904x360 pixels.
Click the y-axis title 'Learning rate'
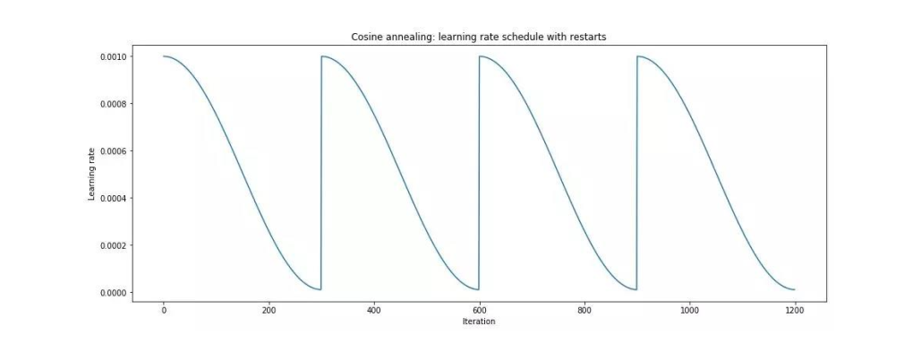click(x=91, y=174)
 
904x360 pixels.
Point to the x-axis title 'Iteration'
click(x=478, y=321)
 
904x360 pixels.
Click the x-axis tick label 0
click(x=163, y=310)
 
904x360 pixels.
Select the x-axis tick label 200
click(x=269, y=310)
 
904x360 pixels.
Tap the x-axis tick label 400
click(x=373, y=310)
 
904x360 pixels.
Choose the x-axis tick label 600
click(x=479, y=310)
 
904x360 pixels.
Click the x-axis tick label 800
click(x=584, y=310)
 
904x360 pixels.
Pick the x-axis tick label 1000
click(x=689, y=310)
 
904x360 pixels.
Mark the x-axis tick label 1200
click(x=794, y=310)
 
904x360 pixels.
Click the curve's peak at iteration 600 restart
click(x=480, y=56)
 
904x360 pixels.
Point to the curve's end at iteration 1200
click(x=794, y=290)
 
